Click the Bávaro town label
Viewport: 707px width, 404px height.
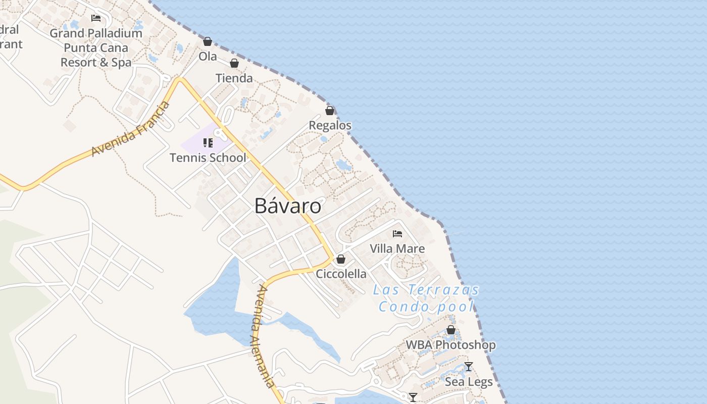[287, 206]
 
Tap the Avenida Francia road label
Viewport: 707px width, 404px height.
[131, 129]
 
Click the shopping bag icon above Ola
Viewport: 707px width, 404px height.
[208, 41]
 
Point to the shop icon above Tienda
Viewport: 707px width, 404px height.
[234, 63]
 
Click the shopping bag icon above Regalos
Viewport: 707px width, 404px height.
[330, 111]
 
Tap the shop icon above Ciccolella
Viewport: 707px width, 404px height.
[341, 259]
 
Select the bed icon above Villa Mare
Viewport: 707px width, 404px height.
[397, 234]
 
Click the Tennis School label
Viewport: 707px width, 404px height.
[208, 158]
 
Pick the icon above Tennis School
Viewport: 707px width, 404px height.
[208, 143]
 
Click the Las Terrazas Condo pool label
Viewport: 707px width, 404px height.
[426, 298]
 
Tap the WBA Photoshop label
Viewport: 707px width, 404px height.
[451, 345]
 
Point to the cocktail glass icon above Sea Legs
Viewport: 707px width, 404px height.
[469, 367]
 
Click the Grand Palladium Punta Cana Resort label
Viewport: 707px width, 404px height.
[96, 48]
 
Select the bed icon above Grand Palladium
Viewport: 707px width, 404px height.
[96, 18]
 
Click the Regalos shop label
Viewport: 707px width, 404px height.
[330, 125]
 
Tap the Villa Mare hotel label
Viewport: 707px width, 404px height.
[397, 248]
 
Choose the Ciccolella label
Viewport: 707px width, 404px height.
[341, 274]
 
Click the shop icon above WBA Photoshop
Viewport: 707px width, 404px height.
[451, 330]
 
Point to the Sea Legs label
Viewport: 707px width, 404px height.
[469, 382]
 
